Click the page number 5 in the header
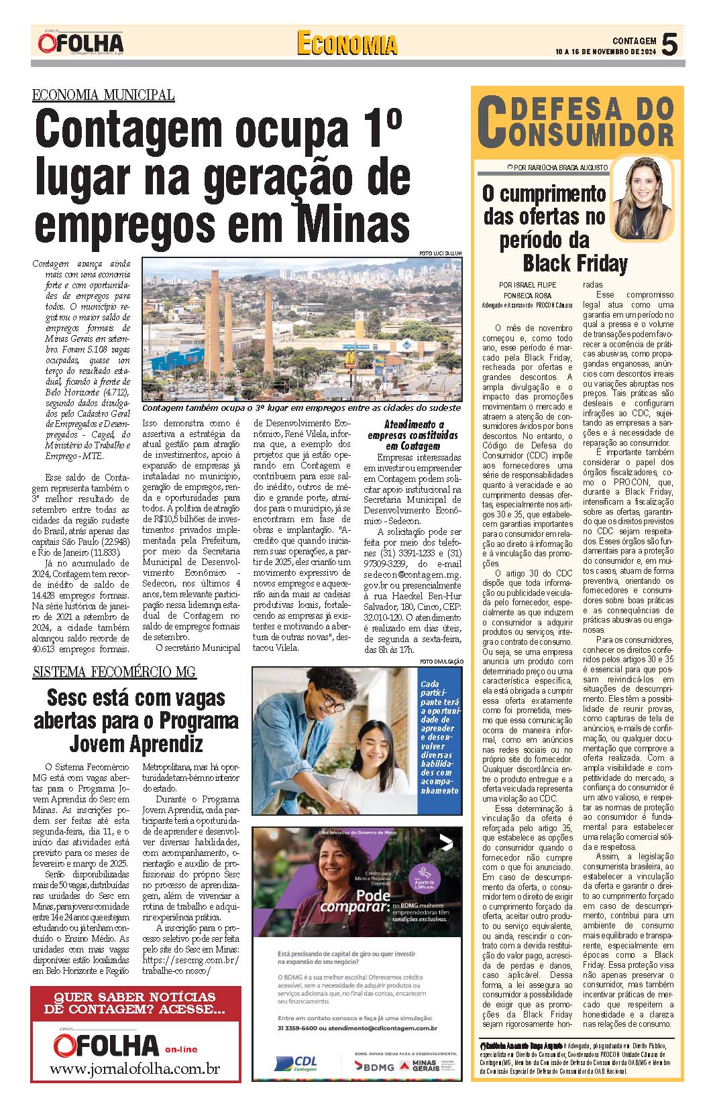669,44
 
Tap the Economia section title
347,44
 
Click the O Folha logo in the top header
80,43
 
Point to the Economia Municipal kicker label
103,95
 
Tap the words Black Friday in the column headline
575,263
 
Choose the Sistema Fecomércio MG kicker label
114,672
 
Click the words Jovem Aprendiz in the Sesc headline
136,743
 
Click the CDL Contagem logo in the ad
296,1064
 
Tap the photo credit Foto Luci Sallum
440,253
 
